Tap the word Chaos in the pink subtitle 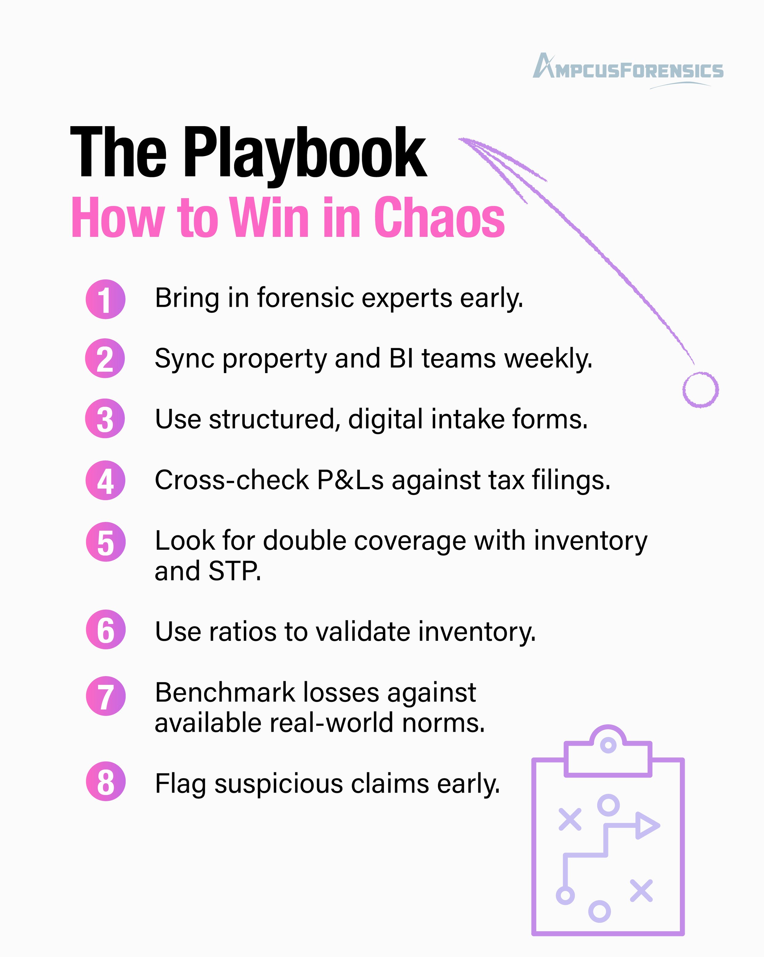point(439,218)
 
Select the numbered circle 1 point(106,299)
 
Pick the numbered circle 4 point(106,480)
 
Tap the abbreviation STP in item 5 point(234,571)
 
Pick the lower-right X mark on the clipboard point(641,891)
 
